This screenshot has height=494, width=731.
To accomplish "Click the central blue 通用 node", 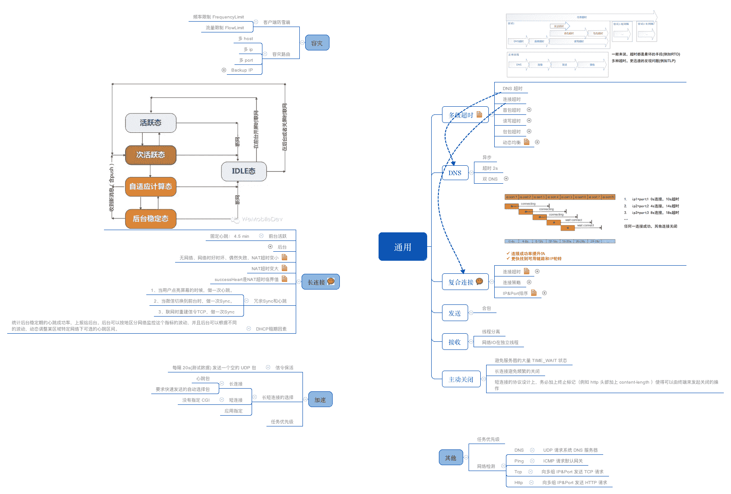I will (x=402, y=247).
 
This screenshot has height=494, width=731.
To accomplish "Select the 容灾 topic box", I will (x=317, y=43).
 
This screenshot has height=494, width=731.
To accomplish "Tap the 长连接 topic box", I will (x=320, y=282).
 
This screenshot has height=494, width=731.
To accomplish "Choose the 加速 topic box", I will (x=320, y=399).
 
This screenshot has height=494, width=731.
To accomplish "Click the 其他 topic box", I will (x=451, y=458).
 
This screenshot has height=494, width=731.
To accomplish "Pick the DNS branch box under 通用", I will (x=455, y=172).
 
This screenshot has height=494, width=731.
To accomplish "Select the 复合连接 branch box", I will (x=465, y=282).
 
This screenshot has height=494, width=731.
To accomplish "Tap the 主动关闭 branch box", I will (x=461, y=379).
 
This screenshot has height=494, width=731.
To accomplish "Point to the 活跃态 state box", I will (x=150, y=123).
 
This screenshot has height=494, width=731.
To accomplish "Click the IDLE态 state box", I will (x=244, y=171).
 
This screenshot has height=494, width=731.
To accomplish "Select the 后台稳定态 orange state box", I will (x=150, y=219).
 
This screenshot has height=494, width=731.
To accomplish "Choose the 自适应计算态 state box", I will (x=150, y=186).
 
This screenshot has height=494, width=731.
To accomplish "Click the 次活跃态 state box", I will (x=150, y=155).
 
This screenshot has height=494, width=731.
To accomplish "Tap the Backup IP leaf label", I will (x=242, y=70).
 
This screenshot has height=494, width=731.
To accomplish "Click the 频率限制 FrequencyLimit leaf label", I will (x=218, y=17).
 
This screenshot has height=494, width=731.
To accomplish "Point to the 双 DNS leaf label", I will (x=490, y=179).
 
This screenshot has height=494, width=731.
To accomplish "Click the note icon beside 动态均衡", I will (x=527, y=142).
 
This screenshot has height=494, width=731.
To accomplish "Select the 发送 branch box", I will (x=455, y=313).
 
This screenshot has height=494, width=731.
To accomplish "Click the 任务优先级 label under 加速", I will (x=282, y=422).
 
